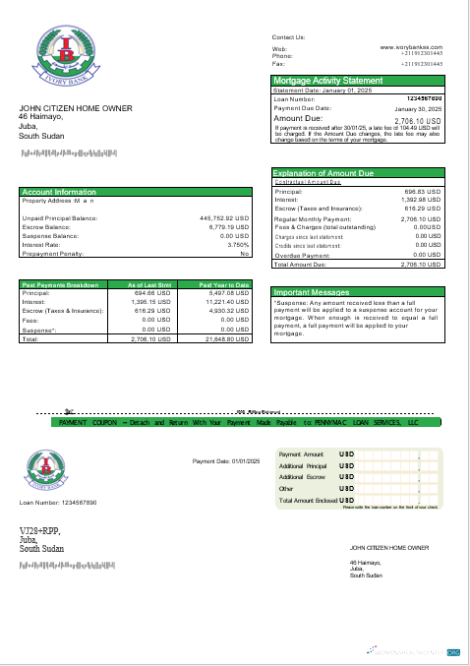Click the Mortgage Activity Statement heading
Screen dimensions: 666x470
click(327, 80)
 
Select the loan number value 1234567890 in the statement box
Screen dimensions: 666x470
click(424, 98)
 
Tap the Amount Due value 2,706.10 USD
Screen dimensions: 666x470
click(418, 120)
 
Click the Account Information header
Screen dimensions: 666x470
click(59, 192)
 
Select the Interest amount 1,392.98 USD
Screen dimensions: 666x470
click(421, 200)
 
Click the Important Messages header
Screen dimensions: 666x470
click(311, 292)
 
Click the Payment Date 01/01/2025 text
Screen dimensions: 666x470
click(226, 461)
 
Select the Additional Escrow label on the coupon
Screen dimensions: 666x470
click(301, 476)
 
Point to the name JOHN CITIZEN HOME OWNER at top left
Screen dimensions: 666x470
click(75, 108)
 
